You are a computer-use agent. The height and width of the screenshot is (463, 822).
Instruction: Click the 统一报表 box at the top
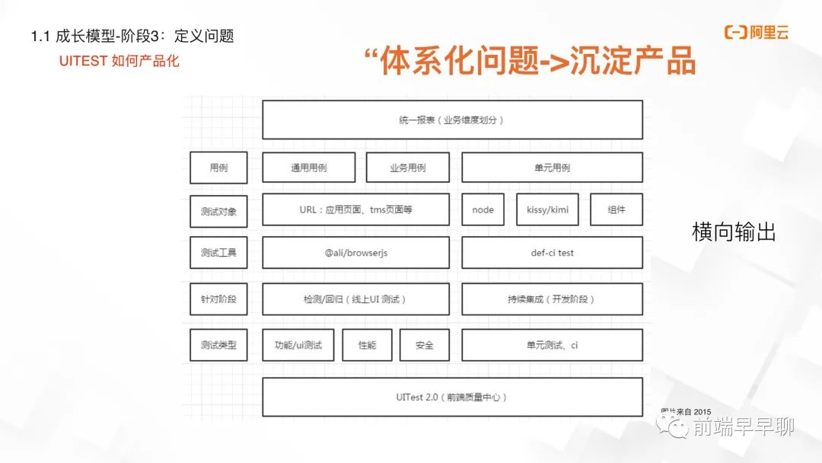(x=452, y=120)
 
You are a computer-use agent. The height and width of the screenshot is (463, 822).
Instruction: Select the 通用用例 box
(x=308, y=168)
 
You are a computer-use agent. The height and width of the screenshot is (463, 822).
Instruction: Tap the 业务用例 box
(x=407, y=168)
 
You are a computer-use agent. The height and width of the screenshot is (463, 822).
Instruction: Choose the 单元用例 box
(x=552, y=168)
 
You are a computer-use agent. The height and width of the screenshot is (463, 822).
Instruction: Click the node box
(x=483, y=209)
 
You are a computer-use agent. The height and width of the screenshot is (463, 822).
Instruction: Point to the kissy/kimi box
(x=547, y=209)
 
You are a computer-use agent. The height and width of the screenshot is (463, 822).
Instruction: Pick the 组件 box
(x=616, y=209)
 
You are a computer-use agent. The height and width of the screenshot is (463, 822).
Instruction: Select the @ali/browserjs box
(x=355, y=253)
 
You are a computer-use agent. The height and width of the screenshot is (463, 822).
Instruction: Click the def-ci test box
(x=552, y=253)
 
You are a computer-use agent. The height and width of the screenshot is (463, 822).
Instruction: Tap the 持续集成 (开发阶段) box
(x=552, y=299)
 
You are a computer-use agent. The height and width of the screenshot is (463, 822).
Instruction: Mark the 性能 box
(x=367, y=345)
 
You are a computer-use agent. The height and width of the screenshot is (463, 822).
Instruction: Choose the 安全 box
(x=424, y=345)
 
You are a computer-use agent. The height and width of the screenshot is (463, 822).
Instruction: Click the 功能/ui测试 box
(x=298, y=345)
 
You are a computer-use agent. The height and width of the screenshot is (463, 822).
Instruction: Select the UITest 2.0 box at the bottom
(x=452, y=397)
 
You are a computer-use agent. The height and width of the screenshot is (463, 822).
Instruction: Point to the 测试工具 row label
(x=218, y=253)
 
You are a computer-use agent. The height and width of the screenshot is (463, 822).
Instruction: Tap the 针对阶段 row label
(x=218, y=299)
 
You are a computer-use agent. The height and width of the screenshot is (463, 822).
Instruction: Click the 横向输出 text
(x=734, y=232)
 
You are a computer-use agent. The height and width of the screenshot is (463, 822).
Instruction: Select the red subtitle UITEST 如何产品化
(x=119, y=61)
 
